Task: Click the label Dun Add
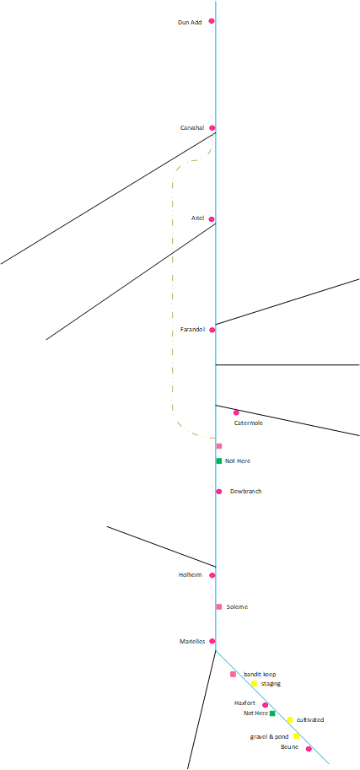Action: (x=190, y=22)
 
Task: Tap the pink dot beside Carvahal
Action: (x=212, y=127)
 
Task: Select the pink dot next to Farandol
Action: (x=212, y=330)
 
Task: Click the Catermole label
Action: (x=249, y=423)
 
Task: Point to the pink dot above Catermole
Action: (x=236, y=412)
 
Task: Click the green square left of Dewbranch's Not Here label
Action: (x=219, y=460)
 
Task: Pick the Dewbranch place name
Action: (x=246, y=491)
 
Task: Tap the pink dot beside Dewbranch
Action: (x=219, y=492)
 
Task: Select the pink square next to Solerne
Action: (x=219, y=606)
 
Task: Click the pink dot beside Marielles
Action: (x=212, y=641)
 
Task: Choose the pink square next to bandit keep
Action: (x=233, y=674)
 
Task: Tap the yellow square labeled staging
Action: (x=254, y=683)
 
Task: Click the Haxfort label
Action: (x=244, y=703)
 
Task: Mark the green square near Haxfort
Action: (x=272, y=713)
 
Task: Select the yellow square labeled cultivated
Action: (x=290, y=719)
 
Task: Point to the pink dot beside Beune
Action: (x=309, y=749)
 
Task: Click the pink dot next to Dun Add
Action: (x=212, y=21)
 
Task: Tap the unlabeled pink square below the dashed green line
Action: (x=219, y=446)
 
